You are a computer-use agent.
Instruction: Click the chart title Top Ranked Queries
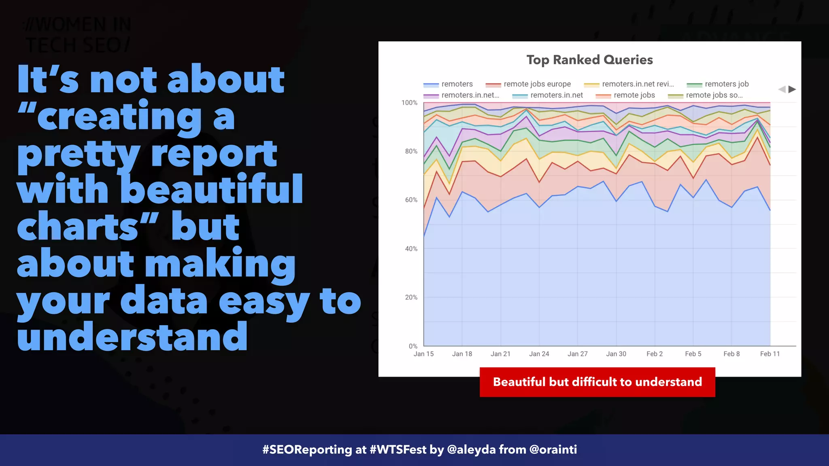pyautogui.click(x=589, y=60)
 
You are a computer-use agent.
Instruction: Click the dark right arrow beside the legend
pyautogui.click(x=792, y=89)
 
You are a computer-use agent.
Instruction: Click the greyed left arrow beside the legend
pyautogui.click(x=782, y=89)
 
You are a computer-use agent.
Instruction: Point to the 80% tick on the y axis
pyautogui.click(x=411, y=151)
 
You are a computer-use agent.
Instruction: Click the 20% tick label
pyautogui.click(x=411, y=297)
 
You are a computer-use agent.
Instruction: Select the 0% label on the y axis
pyautogui.click(x=412, y=346)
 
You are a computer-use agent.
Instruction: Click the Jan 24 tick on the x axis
pyautogui.click(x=539, y=354)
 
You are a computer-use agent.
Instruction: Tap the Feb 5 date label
pyautogui.click(x=693, y=354)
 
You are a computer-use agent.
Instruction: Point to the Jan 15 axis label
pyautogui.click(x=423, y=354)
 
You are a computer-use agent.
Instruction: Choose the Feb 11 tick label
pyautogui.click(x=769, y=354)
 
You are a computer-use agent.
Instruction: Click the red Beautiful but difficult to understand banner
pyautogui.click(x=597, y=382)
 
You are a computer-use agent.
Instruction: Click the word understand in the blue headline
pyautogui.click(x=132, y=337)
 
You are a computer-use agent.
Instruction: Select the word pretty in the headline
pyautogui.click(x=79, y=155)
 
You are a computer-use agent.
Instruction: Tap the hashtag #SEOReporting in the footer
pyautogui.click(x=307, y=450)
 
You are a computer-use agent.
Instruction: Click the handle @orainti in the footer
pyautogui.click(x=553, y=450)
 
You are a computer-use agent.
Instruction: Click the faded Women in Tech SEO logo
pyautogui.click(x=77, y=35)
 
